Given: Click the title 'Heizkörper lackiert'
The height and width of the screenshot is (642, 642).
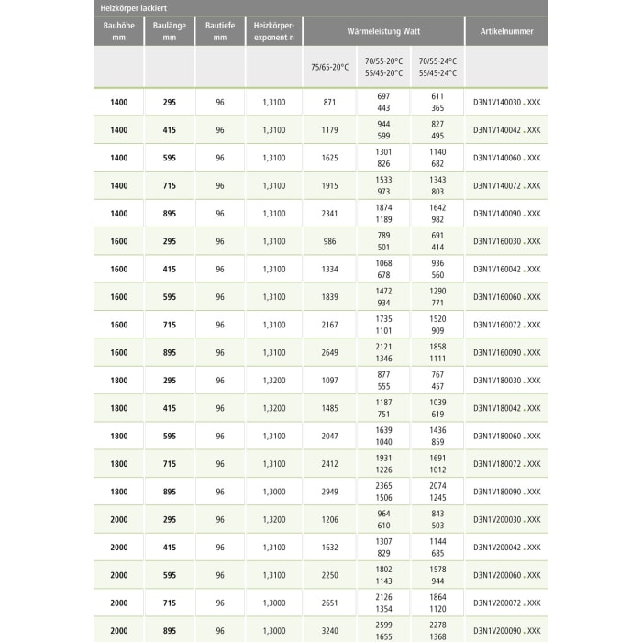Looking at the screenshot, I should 133,7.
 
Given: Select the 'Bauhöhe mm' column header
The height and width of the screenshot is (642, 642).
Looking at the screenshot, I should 118,31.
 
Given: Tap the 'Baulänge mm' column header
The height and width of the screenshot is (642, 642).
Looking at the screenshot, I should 169,31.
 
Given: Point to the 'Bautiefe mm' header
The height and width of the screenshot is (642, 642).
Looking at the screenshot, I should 220,31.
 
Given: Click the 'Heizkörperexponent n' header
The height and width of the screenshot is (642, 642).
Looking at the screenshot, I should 273,31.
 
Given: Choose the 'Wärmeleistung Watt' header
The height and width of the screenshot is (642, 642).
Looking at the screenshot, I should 382,31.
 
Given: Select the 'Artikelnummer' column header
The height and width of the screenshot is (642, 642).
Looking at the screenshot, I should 506,31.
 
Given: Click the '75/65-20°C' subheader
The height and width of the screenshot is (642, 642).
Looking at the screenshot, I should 330,67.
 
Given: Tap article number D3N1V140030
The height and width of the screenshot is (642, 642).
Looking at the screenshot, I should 506,102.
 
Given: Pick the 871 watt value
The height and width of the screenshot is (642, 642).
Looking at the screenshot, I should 330,102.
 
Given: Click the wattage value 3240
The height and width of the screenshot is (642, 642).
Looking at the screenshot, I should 330,630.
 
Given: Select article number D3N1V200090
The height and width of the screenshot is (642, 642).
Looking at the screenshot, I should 506,630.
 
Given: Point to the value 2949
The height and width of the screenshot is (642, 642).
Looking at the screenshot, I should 330,492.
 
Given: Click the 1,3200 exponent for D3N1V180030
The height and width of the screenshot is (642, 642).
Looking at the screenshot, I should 273,380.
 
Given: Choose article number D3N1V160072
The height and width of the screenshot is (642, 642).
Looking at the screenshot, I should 506,325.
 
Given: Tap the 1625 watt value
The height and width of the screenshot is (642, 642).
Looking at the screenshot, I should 330,158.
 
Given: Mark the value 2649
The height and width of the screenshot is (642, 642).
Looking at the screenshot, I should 330,352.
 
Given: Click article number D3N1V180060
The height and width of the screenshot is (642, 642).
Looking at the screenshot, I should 506,436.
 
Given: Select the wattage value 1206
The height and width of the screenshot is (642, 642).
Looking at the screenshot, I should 330,519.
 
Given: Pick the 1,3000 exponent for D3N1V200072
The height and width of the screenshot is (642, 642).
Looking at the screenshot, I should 273,603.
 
